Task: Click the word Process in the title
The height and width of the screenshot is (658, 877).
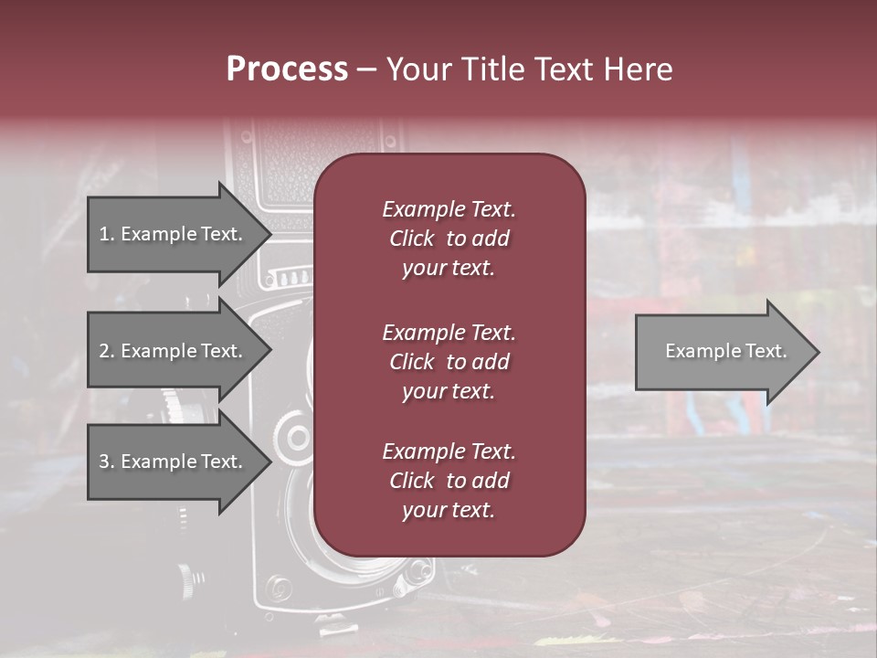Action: point(287,69)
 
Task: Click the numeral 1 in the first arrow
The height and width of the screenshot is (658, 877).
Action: point(104,234)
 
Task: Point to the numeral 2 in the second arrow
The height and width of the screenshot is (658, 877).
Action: point(104,351)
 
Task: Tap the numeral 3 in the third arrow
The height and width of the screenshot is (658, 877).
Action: point(104,462)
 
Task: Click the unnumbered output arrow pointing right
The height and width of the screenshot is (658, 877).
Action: point(722,351)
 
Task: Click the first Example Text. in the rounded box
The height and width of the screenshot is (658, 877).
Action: point(449,209)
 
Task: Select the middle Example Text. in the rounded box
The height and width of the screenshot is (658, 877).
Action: point(449,332)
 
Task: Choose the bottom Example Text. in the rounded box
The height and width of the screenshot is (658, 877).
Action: point(449,451)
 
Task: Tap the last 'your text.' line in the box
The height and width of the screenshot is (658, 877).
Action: point(449,511)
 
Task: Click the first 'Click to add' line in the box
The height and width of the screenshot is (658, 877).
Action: point(449,239)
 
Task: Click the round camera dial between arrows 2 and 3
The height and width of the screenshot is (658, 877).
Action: point(297,435)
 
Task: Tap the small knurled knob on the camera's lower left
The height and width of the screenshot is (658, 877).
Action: point(186,576)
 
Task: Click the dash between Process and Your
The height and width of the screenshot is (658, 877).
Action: point(366,69)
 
